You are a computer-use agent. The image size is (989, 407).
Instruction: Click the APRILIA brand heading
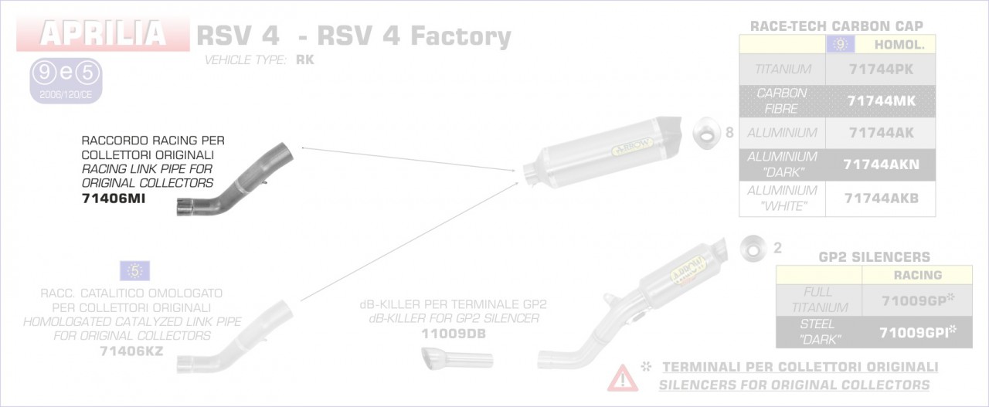(104, 33)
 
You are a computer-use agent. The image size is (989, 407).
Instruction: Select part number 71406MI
(113, 198)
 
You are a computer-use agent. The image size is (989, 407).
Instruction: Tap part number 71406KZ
(131, 351)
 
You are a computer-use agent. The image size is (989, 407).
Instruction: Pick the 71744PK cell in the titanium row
(880, 70)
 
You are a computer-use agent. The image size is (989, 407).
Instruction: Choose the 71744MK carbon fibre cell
(880, 100)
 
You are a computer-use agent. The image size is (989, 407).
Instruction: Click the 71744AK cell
(880, 133)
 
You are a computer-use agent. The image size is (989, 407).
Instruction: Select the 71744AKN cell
(880, 165)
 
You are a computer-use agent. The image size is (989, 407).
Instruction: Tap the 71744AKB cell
(880, 198)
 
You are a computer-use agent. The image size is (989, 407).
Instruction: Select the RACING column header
(917, 275)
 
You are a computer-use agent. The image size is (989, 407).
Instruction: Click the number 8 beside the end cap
(729, 133)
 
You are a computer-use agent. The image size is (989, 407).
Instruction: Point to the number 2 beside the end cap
(777, 248)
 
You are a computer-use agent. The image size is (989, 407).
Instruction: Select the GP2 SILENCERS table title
(874, 256)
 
